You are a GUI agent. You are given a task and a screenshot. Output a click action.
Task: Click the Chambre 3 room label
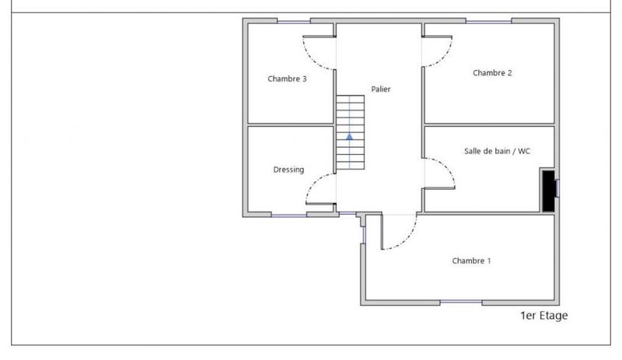point(287,79)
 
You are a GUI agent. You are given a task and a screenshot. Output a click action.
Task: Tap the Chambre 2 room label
point(492,73)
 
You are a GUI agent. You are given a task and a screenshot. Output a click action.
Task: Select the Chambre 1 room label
point(471,261)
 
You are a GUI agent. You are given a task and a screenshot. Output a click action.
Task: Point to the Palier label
point(381,89)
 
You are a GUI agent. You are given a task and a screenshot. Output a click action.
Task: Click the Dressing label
point(288,170)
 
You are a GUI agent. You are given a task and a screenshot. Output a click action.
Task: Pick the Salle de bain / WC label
point(498,151)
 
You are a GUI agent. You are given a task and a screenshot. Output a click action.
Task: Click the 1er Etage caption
point(544,316)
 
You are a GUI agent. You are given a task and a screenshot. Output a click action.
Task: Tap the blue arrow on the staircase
point(350,135)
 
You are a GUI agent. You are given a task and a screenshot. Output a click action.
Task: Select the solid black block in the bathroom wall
point(548,190)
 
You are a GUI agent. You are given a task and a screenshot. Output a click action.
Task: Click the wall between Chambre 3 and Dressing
point(290,124)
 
